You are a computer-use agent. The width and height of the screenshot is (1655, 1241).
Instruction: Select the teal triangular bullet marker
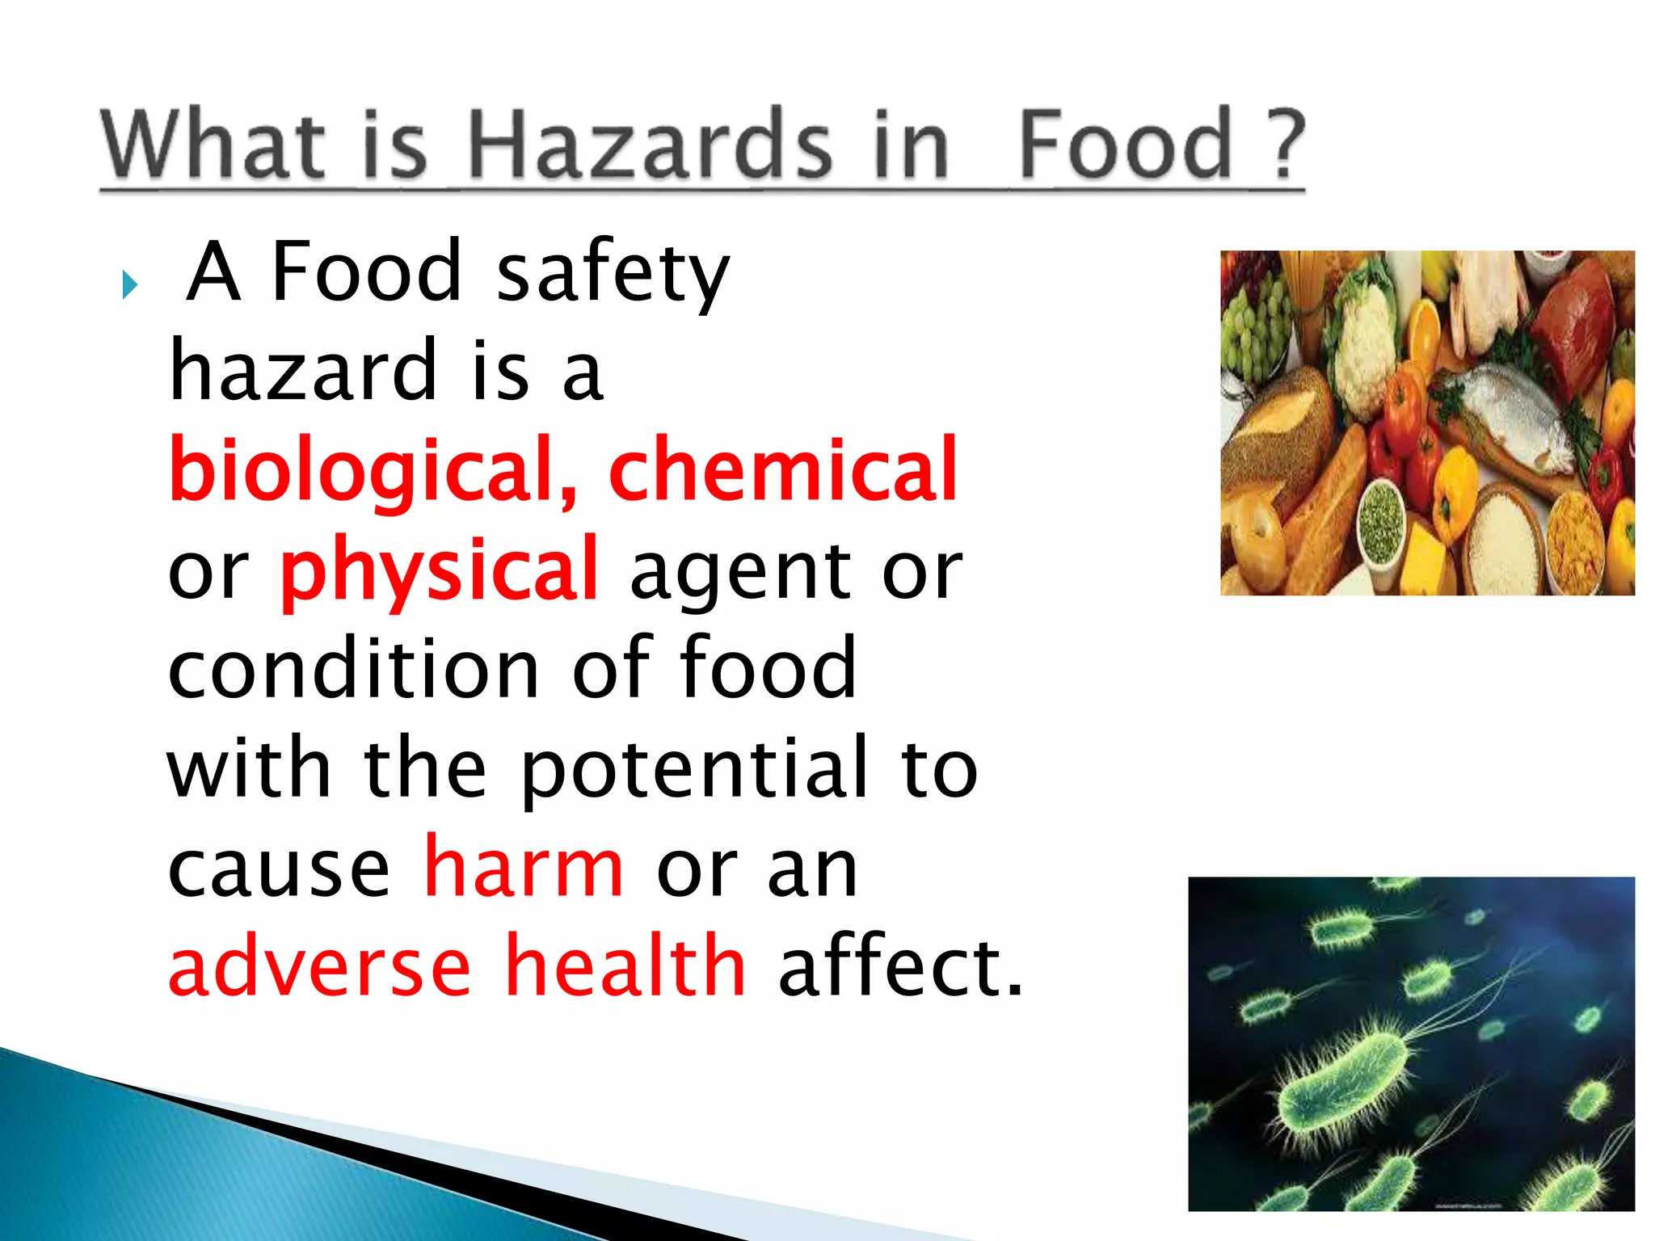[x=129, y=284]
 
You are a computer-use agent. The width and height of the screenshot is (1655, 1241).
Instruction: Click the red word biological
[x=373, y=470]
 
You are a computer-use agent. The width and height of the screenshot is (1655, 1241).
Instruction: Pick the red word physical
[x=439, y=570]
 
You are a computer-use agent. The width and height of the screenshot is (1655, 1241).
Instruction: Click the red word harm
[x=524, y=868]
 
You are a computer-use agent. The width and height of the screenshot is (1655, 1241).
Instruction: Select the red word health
[x=625, y=965]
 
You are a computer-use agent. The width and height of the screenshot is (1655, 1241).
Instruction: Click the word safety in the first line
[x=613, y=273]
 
